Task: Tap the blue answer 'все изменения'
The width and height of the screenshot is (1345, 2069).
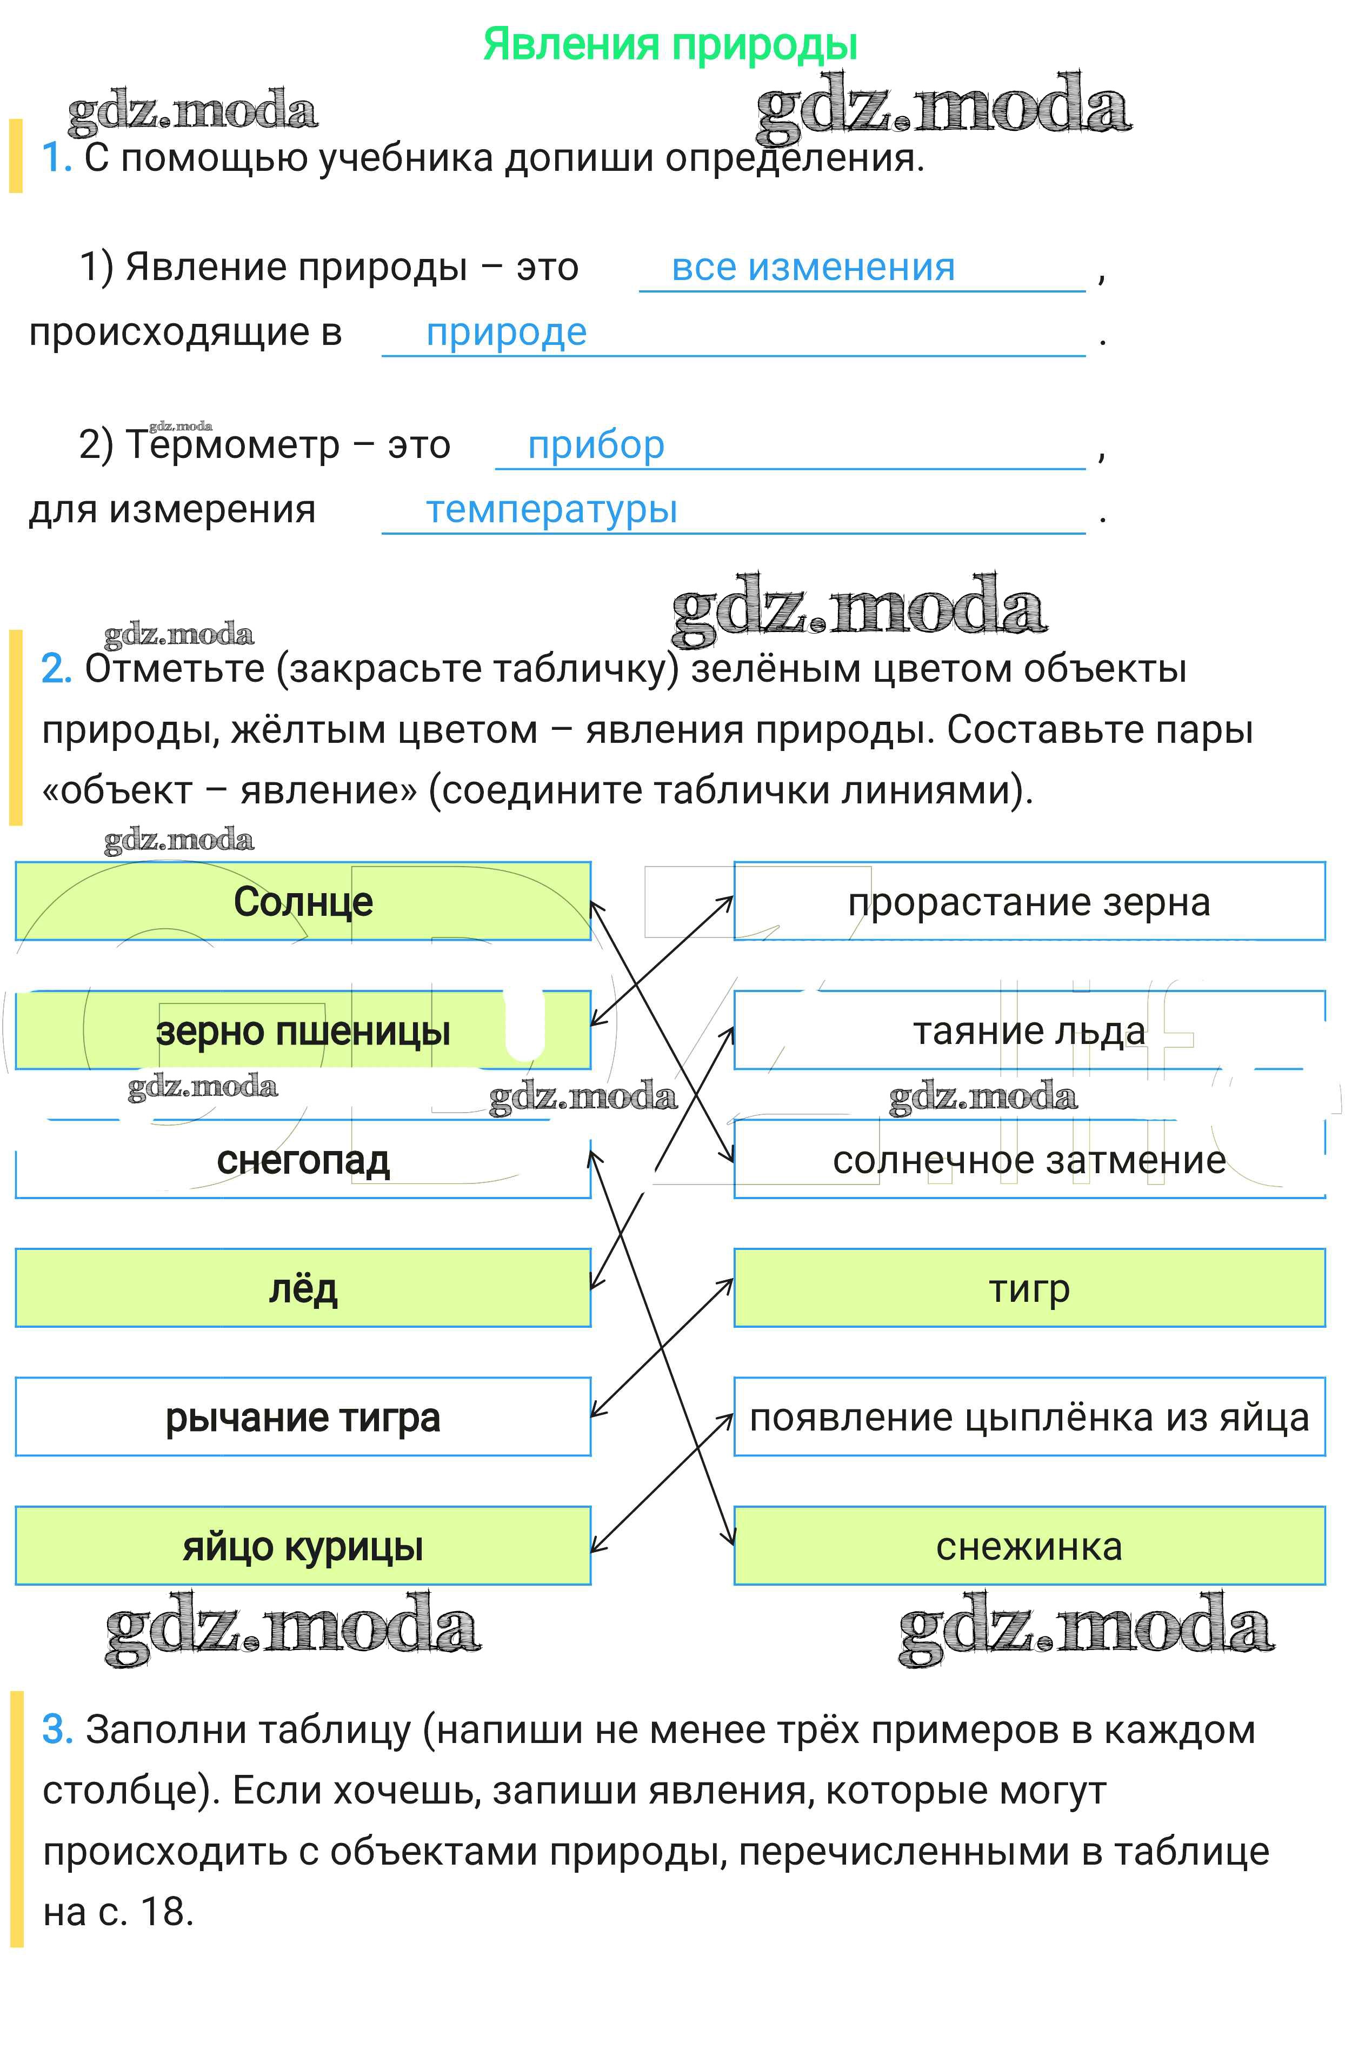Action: [x=813, y=267]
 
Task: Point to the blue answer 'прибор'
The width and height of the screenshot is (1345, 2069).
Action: [x=596, y=445]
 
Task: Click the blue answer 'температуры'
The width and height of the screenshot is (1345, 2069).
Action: [x=551, y=509]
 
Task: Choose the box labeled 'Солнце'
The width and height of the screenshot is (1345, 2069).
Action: [x=303, y=901]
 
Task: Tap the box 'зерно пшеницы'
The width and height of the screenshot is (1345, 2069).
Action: [x=303, y=1031]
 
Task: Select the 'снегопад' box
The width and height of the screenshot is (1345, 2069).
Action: [x=303, y=1160]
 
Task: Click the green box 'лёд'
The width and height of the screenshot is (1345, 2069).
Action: [x=303, y=1288]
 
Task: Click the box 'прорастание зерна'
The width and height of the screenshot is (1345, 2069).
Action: [x=1029, y=901]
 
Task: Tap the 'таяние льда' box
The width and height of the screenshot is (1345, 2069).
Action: [x=1029, y=1031]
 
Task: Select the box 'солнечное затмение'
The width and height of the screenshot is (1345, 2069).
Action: [x=1029, y=1160]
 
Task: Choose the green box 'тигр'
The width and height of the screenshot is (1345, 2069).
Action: [x=1029, y=1288]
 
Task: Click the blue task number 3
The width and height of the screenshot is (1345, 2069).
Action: [x=57, y=1730]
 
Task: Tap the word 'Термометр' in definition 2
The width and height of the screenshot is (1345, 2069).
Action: [x=232, y=445]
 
